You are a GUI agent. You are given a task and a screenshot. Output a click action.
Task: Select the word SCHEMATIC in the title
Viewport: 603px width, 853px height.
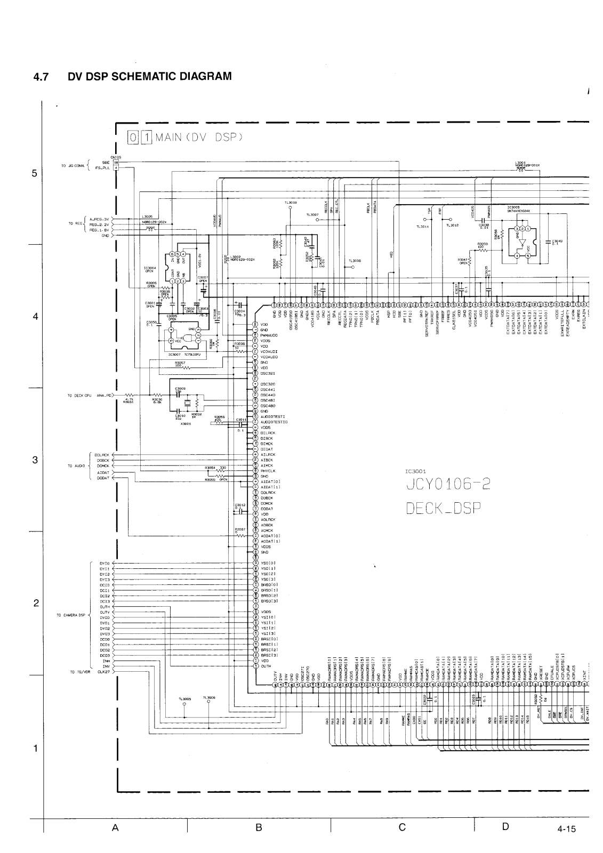131,76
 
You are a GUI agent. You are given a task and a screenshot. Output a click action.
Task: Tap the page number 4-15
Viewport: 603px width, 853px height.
567,844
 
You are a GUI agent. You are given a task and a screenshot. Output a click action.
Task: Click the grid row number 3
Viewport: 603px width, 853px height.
35,461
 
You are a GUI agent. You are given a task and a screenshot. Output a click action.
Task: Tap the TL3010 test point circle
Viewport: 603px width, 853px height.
291,208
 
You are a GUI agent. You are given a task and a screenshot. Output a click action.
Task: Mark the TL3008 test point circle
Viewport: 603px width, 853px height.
346,267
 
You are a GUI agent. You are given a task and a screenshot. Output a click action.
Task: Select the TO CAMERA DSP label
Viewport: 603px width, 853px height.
71,615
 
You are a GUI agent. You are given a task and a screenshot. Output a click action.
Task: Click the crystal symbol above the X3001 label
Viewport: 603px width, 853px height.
187,403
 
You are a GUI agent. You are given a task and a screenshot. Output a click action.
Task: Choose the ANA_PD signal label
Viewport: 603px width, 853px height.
104,396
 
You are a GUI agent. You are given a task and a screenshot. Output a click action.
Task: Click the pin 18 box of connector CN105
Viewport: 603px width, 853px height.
116,162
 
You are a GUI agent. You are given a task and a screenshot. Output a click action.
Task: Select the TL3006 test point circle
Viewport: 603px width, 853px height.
208,702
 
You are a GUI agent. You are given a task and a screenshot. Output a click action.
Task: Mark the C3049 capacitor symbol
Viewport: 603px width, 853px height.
548,242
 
